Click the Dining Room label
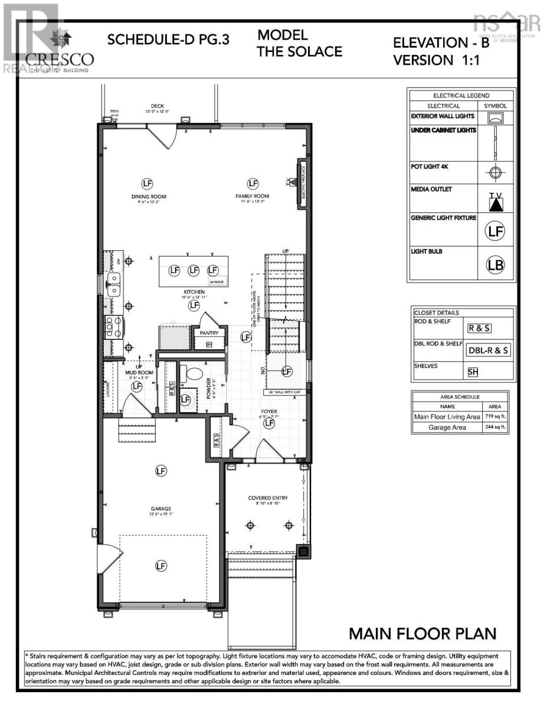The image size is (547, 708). pyautogui.click(x=149, y=196)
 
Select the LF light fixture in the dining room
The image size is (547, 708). pyautogui.click(x=148, y=183)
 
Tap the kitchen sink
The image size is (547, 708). pyautogui.click(x=114, y=283)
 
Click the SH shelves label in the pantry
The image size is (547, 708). pyautogui.click(x=209, y=345)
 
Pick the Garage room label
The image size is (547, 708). pyautogui.click(x=161, y=509)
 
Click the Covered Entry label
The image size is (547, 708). pyautogui.click(x=267, y=499)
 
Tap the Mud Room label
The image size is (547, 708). pyautogui.click(x=139, y=373)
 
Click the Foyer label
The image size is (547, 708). pyautogui.click(x=270, y=412)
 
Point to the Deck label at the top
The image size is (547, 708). pyautogui.click(x=158, y=106)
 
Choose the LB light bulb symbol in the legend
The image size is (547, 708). pyautogui.click(x=495, y=265)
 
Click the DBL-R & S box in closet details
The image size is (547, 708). pyautogui.click(x=489, y=350)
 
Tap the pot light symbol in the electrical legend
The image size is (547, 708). pyautogui.click(x=495, y=173)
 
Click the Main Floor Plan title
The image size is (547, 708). pyautogui.click(x=422, y=634)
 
